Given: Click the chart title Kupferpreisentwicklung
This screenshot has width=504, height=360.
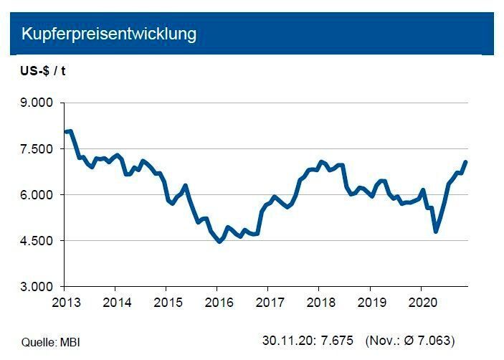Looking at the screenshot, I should pyautogui.click(x=109, y=34).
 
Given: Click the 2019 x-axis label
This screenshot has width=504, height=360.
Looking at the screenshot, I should pyautogui.click(x=369, y=301).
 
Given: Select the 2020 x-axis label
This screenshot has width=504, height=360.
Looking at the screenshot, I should pyautogui.click(x=420, y=301).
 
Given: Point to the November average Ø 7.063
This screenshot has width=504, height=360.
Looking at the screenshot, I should pyautogui.click(x=427, y=339).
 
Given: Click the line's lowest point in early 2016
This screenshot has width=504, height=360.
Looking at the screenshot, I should pyautogui.click(x=220, y=242).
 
